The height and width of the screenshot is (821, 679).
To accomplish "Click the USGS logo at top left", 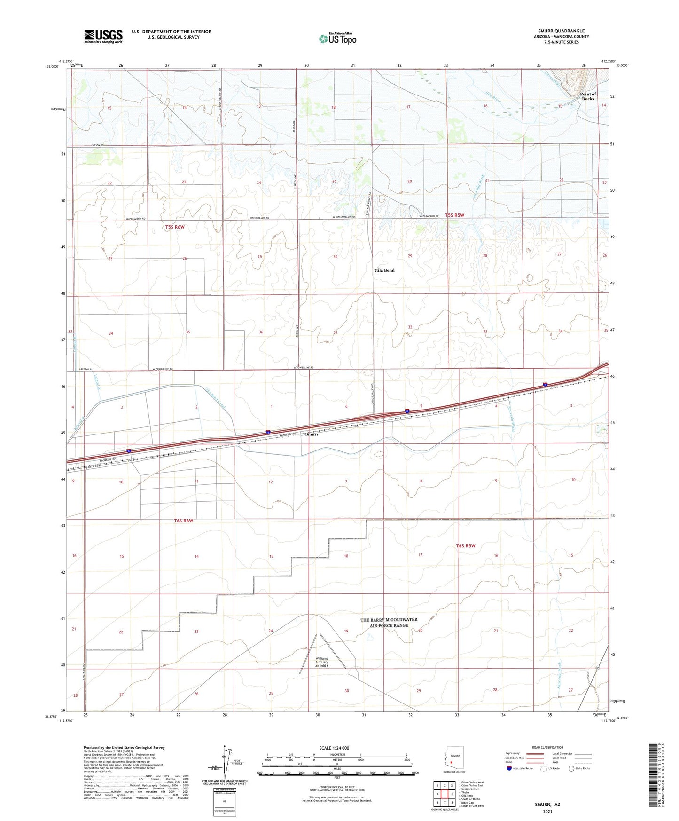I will (x=103, y=36).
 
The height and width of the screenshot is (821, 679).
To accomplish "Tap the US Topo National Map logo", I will (x=337, y=38).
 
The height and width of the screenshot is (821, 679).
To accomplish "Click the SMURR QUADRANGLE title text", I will (x=561, y=31).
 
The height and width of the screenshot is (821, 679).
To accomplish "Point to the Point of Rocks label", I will (x=588, y=96).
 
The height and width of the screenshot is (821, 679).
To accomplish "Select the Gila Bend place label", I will (x=384, y=270).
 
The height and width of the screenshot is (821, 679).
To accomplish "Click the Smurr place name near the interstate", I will (x=312, y=434).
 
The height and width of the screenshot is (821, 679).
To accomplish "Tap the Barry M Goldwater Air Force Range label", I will (x=389, y=623).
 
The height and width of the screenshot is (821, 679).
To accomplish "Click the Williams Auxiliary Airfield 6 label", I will (x=322, y=662).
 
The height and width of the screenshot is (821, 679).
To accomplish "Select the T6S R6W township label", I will (x=183, y=521).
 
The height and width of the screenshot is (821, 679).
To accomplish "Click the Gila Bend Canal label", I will (x=216, y=398).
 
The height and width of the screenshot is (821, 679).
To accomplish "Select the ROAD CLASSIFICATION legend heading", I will (x=547, y=747).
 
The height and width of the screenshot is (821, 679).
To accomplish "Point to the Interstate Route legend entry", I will (x=519, y=768).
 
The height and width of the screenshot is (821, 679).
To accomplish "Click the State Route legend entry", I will (x=579, y=768).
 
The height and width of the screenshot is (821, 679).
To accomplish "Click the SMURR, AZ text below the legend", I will (x=547, y=805).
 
